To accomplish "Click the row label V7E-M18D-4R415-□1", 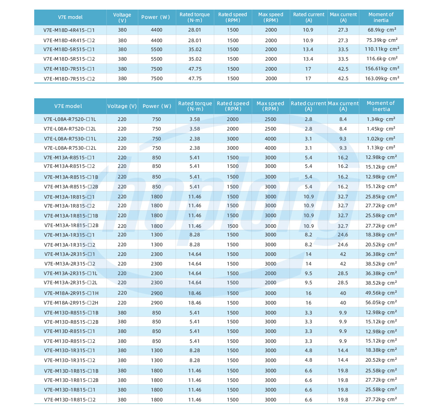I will tap(69, 30).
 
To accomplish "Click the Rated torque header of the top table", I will tap(195, 17).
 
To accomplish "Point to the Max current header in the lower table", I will tap(343, 106).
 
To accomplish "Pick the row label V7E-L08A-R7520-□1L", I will tap(70, 119).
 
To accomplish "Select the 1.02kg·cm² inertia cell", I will tap(381, 139).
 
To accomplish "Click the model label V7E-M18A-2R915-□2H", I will tap(71, 303).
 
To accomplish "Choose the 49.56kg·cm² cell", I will tap(381, 293).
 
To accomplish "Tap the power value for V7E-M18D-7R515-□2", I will tap(157, 78).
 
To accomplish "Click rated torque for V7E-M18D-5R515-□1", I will tap(195, 49).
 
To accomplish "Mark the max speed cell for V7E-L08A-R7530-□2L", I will tap(270, 148).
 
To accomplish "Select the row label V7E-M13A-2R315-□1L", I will tap(70, 273).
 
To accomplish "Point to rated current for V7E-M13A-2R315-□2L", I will tap(308, 283).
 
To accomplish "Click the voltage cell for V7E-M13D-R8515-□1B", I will tap(122, 313).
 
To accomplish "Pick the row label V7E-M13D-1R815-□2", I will tap(69, 400).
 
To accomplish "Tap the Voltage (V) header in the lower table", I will tap(122, 106).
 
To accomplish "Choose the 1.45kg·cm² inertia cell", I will tap(381, 129).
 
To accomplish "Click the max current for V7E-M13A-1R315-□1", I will tap(343, 235).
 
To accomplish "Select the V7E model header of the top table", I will tap(70, 17).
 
